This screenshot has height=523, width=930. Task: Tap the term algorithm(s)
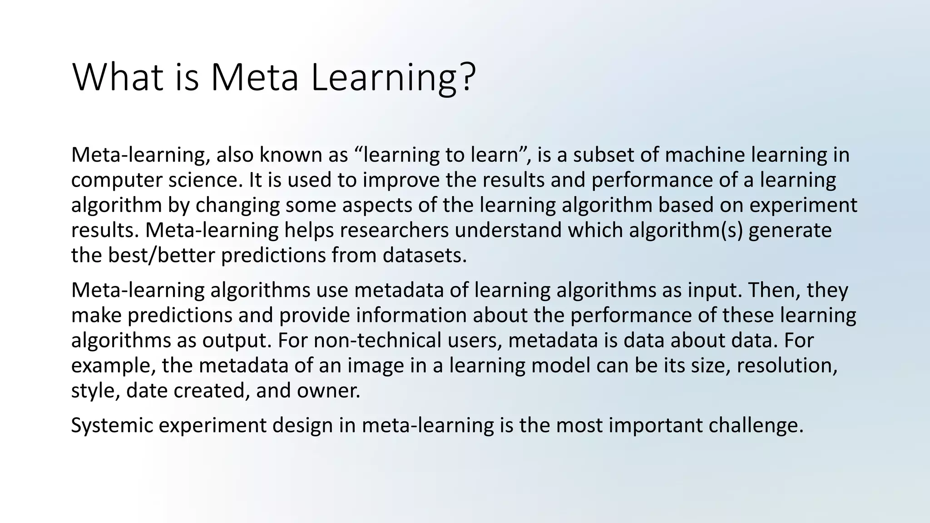point(685,230)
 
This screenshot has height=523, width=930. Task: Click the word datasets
point(424,255)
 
